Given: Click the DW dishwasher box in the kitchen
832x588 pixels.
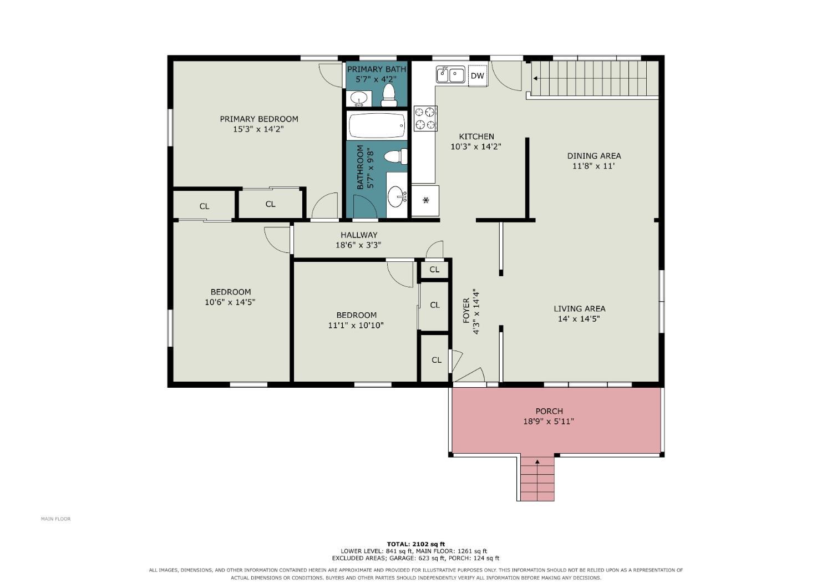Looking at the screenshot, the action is (478, 76).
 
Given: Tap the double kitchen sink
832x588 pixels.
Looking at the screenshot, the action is (450, 74).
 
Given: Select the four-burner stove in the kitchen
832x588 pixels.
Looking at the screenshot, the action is (425, 119).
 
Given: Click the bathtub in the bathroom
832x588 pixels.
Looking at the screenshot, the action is (377, 125).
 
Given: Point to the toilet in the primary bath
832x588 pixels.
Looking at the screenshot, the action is (389, 95).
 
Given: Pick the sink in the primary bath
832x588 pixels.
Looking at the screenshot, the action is (359, 99).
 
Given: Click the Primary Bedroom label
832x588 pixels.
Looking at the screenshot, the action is (259, 119).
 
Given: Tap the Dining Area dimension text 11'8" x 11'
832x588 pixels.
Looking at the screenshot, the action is (593, 166).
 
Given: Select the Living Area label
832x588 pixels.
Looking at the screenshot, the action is (580, 308).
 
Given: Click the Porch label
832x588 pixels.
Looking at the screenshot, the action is (549, 411).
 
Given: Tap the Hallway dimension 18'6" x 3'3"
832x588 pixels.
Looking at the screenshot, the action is (358, 245).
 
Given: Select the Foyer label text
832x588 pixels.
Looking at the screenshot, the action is (466, 311).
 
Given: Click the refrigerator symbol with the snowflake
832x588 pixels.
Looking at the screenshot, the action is (425, 200).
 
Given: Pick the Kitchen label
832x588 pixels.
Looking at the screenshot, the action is (476, 136).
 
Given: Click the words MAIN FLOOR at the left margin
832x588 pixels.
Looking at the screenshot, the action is (55, 519).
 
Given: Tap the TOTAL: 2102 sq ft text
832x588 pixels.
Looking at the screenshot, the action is (415, 545).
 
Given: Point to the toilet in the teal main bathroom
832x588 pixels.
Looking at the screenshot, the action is (395, 156).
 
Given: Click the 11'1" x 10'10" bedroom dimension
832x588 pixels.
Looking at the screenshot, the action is (356, 326).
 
